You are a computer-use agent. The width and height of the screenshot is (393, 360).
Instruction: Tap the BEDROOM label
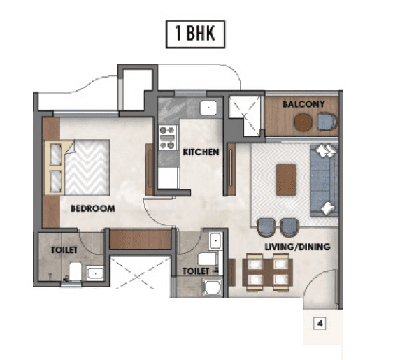[92, 208]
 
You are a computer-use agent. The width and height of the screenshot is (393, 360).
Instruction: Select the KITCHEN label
[201, 152]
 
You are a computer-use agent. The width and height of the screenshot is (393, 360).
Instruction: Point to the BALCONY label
[303, 105]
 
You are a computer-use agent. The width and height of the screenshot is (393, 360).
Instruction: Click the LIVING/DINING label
[297, 247]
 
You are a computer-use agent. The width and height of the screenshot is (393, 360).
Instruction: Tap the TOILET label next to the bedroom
[64, 249]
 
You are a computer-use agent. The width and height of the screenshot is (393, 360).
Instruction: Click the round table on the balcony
[303, 122]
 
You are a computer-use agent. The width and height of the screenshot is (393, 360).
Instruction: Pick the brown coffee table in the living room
[286, 179]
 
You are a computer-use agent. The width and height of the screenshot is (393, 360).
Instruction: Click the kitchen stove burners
[168, 137]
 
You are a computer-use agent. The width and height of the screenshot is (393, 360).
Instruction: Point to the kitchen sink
[207, 108]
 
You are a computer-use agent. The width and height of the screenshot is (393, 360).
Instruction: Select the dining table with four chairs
[266, 272]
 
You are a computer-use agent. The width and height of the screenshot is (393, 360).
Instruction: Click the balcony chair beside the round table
[327, 122]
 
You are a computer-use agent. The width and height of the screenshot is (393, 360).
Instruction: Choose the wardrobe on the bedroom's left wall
[50, 171]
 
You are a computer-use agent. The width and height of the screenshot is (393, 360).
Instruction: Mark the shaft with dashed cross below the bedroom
[140, 276]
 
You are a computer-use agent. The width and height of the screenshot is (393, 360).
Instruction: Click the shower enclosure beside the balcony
[245, 114]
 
